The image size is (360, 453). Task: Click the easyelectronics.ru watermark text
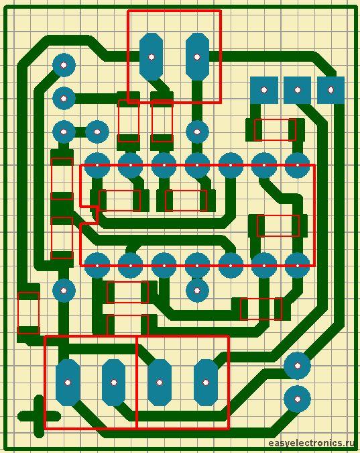[311, 443]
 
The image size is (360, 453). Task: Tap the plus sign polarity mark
[38, 416]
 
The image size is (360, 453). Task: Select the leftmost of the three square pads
[264, 90]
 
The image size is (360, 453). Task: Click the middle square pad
[298, 90]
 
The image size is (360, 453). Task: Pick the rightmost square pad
[331, 90]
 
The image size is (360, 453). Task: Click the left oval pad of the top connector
[151, 56]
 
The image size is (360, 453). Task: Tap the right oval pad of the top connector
[197, 56]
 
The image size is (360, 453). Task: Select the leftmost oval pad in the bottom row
[68, 383]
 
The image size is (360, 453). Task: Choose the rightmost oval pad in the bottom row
[206, 383]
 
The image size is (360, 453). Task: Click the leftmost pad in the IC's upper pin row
[97, 165]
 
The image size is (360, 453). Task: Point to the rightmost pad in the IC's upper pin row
[298, 165]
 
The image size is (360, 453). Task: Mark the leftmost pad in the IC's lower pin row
[97, 266]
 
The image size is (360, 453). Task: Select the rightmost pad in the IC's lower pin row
[298, 266]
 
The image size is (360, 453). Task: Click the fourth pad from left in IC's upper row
[197, 165]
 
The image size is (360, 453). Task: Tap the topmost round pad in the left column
[64, 65]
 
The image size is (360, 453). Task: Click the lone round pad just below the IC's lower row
[197, 291]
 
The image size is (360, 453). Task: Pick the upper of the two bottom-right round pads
[298, 366]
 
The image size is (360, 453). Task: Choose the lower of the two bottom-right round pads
[298, 399]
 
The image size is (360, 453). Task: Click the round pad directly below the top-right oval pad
[197, 132]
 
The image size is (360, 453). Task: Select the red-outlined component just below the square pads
[275, 130]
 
